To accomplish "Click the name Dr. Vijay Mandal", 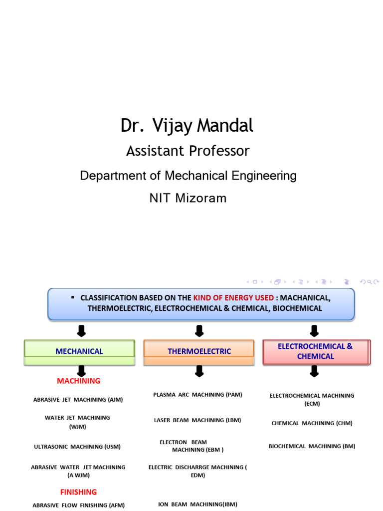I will click(x=187, y=126).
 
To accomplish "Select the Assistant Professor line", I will click(x=188, y=151).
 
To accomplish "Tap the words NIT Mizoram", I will click(x=188, y=198).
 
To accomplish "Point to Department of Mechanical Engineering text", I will click(x=189, y=176).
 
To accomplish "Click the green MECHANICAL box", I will click(x=79, y=351).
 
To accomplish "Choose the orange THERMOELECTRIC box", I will click(x=199, y=351).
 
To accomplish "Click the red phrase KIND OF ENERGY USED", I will click(x=233, y=298).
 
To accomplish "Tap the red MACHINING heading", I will click(x=78, y=381).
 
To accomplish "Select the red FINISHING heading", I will click(x=78, y=492).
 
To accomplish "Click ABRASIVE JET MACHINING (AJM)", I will click(x=78, y=400).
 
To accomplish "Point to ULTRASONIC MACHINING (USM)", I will click(x=77, y=447).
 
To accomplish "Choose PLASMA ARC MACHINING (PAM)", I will click(x=197, y=395).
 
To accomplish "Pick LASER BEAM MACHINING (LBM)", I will click(x=197, y=420).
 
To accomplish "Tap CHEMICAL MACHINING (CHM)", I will click(x=312, y=423).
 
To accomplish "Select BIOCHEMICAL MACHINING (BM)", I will click(x=312, y=446).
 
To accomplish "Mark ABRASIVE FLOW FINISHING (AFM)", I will click(x=79, y=506).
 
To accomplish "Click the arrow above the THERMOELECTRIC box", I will click(x=199, y=331).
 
